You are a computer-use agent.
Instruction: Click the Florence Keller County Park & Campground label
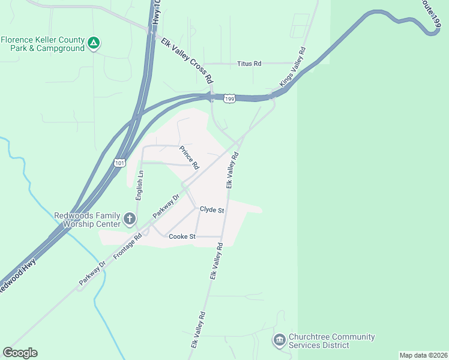point(42,44)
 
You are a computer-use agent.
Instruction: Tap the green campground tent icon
point(94,43)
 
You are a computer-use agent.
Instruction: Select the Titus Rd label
point(249,63)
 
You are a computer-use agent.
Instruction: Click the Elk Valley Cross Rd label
point(187,61)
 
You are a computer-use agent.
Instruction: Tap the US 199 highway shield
point(229,98)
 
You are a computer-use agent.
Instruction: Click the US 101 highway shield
point(119,162)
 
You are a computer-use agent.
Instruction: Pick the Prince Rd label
point(189,158)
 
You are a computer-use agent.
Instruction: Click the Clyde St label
point(212,211)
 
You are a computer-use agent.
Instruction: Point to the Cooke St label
point(182,236)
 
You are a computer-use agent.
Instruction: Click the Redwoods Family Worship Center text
point(87,220)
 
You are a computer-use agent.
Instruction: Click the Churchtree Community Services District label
point(331,341)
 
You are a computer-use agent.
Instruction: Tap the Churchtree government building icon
point(279,341)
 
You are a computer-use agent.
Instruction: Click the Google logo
point(20,353)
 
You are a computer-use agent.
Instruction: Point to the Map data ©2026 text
point(423,355)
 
